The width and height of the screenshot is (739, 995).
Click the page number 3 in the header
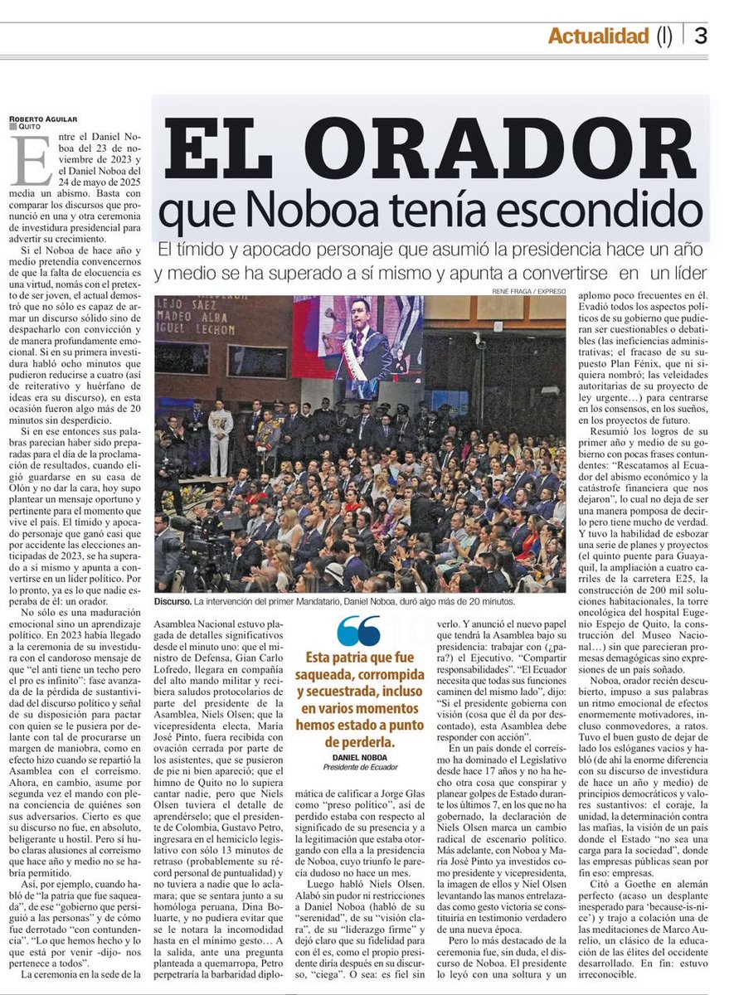[701, 36]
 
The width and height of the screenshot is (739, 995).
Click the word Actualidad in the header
[597, 36]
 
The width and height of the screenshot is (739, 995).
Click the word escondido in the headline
[615, 211]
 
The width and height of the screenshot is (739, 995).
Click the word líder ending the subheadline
[686, 273]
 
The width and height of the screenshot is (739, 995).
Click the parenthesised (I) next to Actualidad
[664, 36]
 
